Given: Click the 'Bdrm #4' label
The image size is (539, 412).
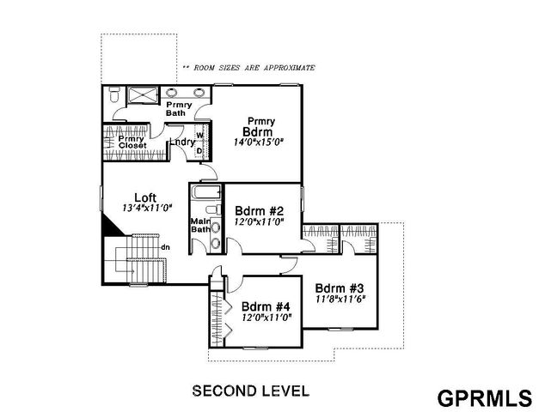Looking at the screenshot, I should tap(266, 306).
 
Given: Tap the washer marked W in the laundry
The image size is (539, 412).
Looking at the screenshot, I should tap(199, 136).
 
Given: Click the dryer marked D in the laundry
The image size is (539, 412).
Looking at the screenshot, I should tap(199, 151).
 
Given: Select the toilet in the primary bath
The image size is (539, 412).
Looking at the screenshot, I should tap(114, 97).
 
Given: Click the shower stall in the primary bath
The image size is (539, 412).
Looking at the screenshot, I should tap(139, 94).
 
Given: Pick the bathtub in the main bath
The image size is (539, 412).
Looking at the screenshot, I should tap(206, 192).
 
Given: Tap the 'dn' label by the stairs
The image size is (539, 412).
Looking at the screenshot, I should tap(163, 248).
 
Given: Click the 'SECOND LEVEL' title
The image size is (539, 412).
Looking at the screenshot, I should tap(250, 391).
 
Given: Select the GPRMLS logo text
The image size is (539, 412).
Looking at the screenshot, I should tap(483, 398).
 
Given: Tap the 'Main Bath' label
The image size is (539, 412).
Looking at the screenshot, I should tap(200, 225).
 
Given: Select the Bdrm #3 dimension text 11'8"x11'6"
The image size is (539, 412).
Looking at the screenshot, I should tap(338, 300).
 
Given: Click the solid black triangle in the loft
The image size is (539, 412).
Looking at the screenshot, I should tap(110, 225).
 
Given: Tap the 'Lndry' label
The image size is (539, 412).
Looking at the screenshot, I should tap(181, 142).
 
